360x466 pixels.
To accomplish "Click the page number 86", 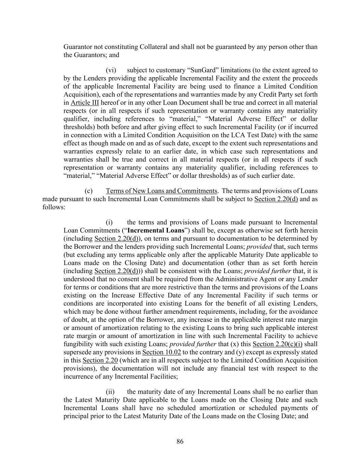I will click(180, 441).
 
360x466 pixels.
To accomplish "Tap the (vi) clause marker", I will click(111, 70).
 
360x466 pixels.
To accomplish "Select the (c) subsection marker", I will click(88, 191).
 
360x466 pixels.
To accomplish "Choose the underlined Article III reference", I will click(85, 103).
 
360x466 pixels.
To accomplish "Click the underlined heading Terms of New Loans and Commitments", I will click(161, 191).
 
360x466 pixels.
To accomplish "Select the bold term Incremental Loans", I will click(156, 230).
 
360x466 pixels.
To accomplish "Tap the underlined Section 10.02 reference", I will click(161, 352).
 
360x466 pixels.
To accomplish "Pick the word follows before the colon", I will click(53, 207).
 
